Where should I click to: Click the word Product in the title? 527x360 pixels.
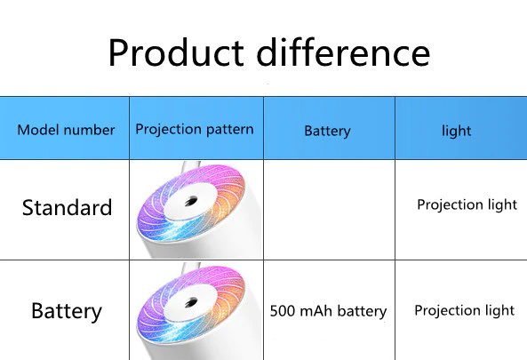tap(176, 52)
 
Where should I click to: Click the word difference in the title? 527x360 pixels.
tap(343, 52)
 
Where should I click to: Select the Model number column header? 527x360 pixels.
tap(66, 130)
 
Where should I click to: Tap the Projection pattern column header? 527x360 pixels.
tap(195, 130)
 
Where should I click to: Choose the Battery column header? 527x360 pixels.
tap(327, 131)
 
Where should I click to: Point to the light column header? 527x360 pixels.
tap(456, 131)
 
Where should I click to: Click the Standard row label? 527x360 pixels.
tap(67, 207)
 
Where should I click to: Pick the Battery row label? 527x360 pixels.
tap(67, 311)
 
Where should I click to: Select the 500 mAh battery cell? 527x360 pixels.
tap(328, 311)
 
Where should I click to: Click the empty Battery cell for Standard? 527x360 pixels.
tap(330, 210)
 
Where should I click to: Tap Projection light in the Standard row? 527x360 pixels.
tap(467, 204)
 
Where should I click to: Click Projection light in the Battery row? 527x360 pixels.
tap(464, 310)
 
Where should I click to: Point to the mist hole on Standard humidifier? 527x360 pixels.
tap(190, 201)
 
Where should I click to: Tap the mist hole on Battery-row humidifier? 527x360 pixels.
tap(190, 302)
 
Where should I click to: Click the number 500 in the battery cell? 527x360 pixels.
tap(283, 311)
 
